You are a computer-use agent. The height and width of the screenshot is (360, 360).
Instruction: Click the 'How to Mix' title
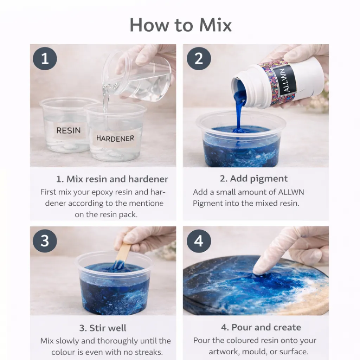point(181,25)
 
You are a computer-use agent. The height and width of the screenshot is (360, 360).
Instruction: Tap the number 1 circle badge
point(45,59)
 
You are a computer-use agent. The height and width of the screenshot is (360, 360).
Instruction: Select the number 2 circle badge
point(199,59)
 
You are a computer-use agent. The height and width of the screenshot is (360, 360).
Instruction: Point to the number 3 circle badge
point(45,241)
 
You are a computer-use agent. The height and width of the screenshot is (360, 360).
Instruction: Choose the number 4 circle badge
point(199,241)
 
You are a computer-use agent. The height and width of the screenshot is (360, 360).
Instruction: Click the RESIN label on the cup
point(69,130)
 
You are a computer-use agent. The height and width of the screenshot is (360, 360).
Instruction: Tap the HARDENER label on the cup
point(115,138)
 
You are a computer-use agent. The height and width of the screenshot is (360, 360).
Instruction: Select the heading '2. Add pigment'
point(254,178)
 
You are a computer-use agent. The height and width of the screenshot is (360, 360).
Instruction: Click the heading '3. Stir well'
point(103,328)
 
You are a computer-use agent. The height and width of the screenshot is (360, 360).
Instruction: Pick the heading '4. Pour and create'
point(261,327)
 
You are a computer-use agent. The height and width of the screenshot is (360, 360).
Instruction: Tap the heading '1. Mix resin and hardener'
point(112,179)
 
